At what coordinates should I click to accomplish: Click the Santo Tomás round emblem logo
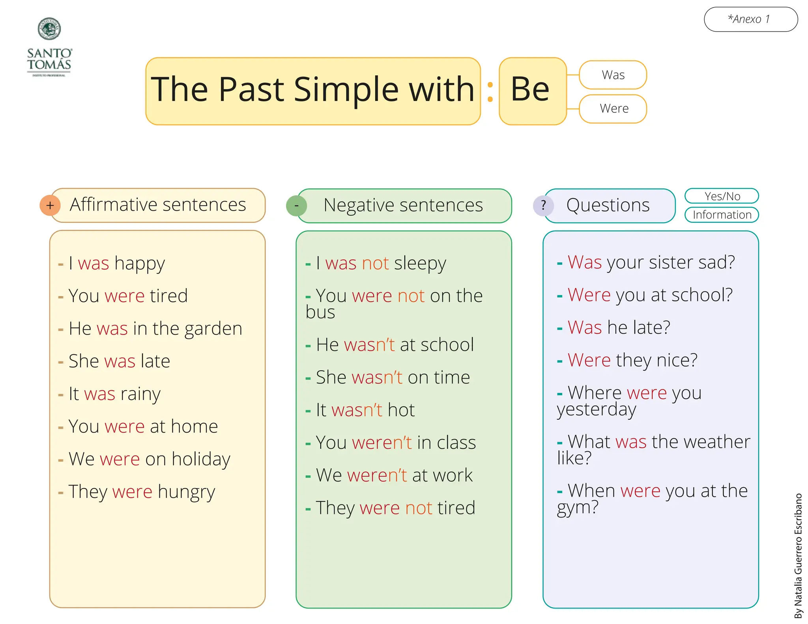point(49,29)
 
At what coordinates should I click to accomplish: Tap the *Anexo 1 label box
point(750,19)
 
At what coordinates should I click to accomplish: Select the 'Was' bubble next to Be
point(613,75)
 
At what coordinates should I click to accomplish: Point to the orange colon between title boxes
point(490,92)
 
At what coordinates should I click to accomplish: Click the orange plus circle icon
point(50,205)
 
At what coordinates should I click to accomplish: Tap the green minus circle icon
point(296,206)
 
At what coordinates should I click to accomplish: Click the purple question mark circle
point(543,206)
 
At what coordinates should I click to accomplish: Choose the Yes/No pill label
point(722,196)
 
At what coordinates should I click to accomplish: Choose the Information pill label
point(722,215)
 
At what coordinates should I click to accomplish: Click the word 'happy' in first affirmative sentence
point(140,264)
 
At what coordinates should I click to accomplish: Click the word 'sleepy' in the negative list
point(420,264)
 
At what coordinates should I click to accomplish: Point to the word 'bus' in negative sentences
point(320,312)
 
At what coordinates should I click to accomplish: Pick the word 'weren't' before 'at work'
point(377,475)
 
